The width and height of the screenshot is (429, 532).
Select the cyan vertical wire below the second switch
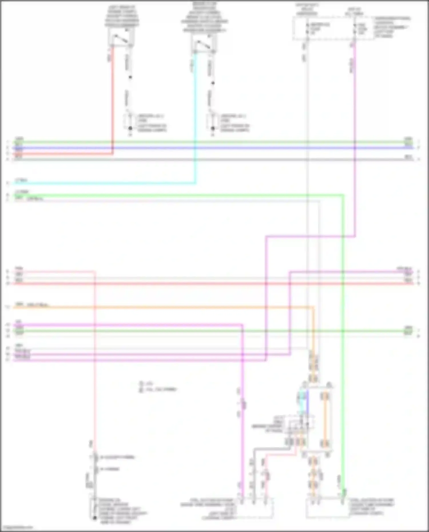pyautogui.click(x=195, y=114)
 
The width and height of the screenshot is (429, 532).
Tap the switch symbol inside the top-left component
pyautogui.click(x=121, y=39)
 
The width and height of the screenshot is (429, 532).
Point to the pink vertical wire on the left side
pyautogui.click(x=95, y=372)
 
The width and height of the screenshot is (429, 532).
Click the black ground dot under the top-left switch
pyautogui.click(x=130, y=128)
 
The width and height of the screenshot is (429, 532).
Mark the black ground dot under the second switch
pyautogui.click(x=213, y=128)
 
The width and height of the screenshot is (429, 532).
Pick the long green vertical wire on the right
pyautogui.click(x=343, y=372)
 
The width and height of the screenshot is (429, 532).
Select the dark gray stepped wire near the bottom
pyautogui.click(x=272, y=449)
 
